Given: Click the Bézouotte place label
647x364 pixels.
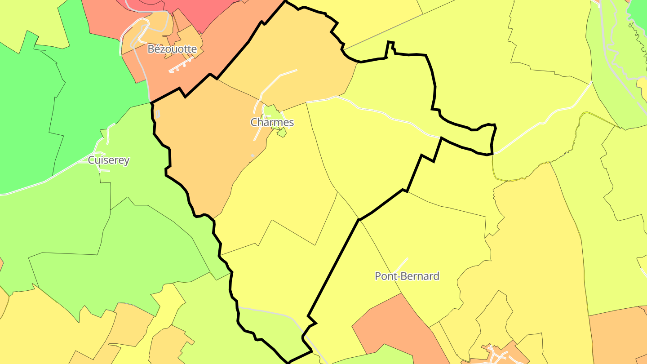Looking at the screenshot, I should point(172,49).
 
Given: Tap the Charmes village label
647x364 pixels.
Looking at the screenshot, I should point(272,122).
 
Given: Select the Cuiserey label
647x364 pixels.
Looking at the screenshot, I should point(109,160).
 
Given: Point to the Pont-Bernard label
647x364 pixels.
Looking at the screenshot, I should point(407,276).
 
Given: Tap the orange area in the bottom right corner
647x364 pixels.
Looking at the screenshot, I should point(620,337).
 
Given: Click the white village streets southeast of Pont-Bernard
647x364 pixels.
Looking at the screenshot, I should point(496,355).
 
